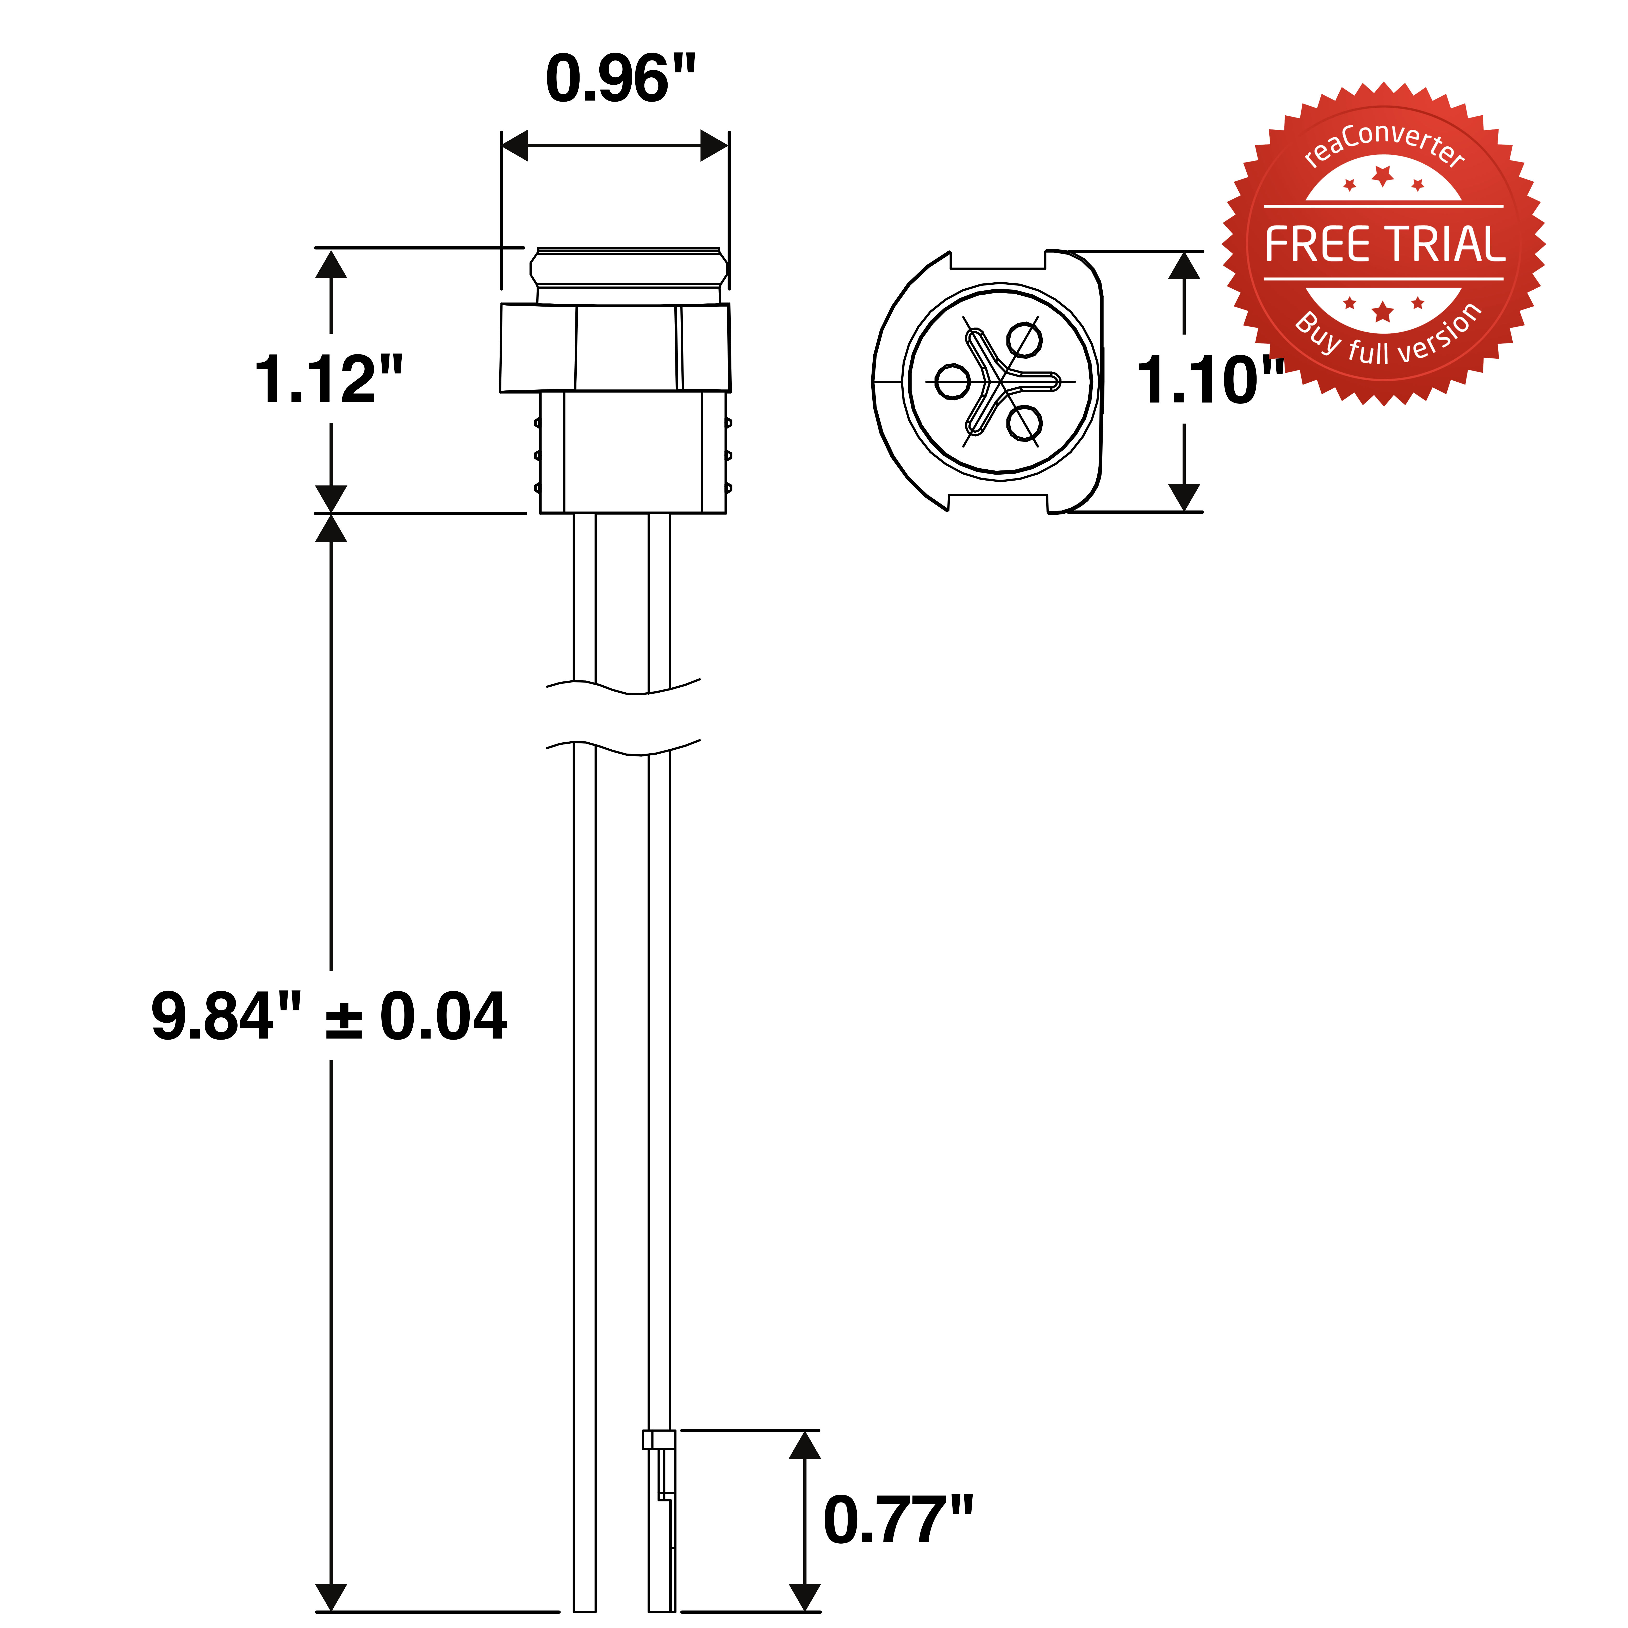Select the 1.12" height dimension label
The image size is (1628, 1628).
click(329, 379)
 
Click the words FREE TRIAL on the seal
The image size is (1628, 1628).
click(1384, 244)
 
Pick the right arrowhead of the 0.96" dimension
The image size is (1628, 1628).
click(714, 146)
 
